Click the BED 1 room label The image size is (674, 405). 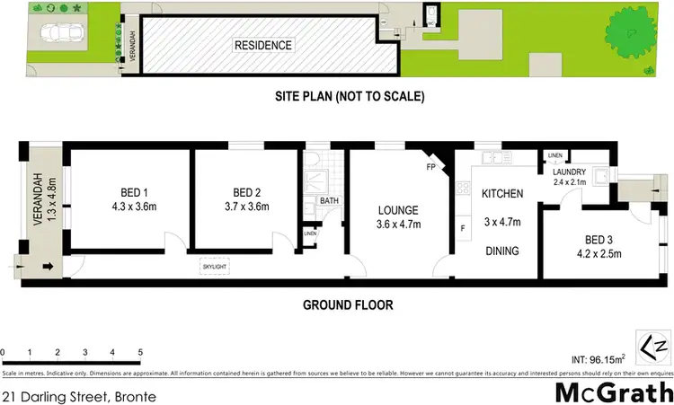point(128,192)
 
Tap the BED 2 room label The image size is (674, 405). point(246,192)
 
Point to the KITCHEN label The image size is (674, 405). point(502,194)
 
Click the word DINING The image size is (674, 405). point(501,251)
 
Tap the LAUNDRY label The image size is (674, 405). point(570,172)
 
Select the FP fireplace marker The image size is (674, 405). point(430,167)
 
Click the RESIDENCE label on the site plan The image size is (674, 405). point(263,45)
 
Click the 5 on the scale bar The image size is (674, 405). point(139,352)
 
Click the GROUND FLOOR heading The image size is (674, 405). point(348,305)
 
